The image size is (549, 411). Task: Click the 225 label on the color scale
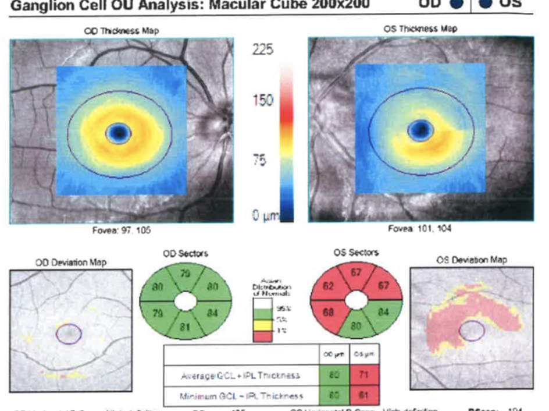262,51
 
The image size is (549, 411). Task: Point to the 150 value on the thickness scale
262,100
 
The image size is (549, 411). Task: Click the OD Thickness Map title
122,30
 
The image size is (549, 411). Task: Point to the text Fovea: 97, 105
122,230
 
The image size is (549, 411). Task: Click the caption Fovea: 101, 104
419,229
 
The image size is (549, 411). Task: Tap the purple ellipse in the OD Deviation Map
69,333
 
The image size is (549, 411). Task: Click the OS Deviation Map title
471,260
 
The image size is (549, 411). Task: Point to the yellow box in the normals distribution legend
265,323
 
